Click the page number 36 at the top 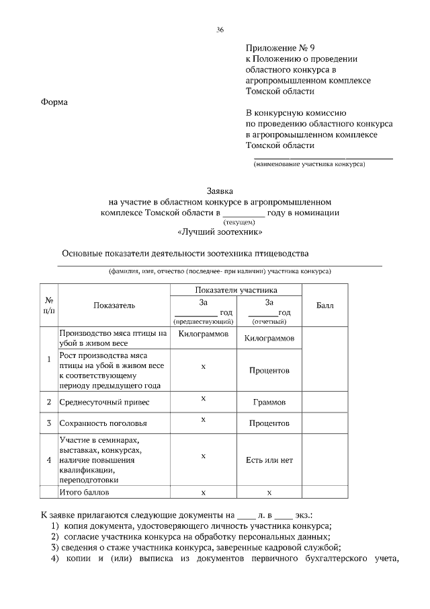tap(220, 30)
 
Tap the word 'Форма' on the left tap(55, 102)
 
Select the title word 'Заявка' tap(220, 190)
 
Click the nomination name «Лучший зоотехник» tap(220, 232)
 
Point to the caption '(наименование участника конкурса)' tap(309, 164)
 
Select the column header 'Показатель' tap(114, 306)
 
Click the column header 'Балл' tap(325, 306)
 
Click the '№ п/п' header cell tap(49, 305)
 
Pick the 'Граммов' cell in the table tap(269, 402)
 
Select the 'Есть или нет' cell tap(269, 460)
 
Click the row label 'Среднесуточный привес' tap(103, 402)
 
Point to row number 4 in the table tap(49, 460)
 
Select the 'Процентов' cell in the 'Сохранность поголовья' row tap(269, 424)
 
